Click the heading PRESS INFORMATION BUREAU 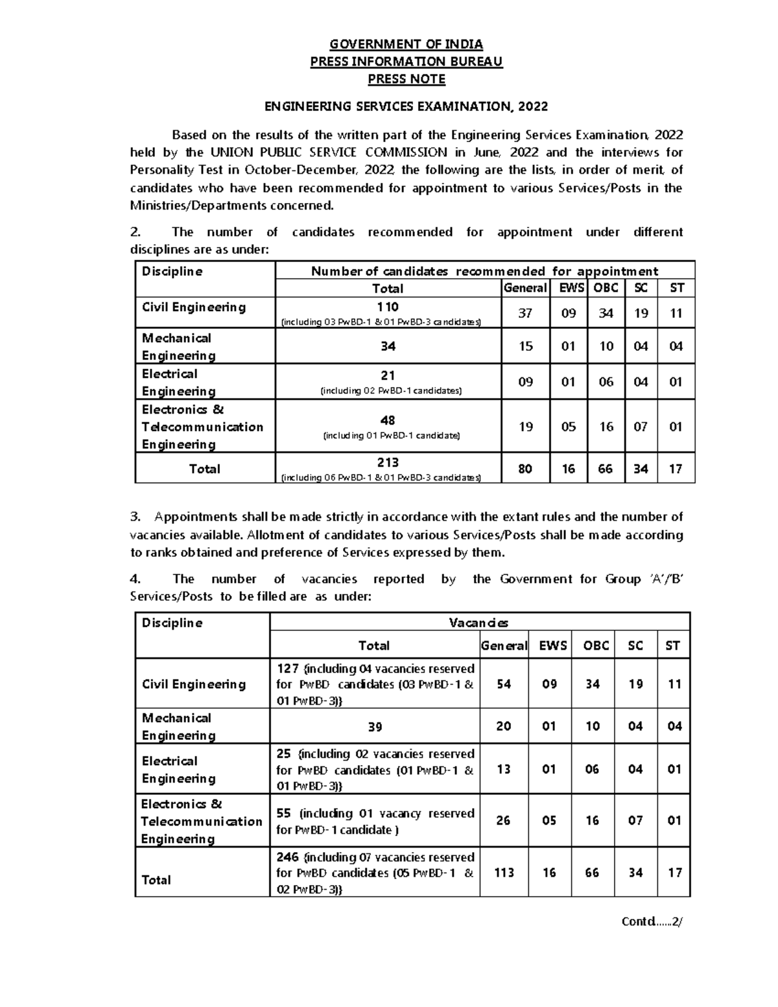click(x=406, y=62)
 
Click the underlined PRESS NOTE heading click(x=406, y=79)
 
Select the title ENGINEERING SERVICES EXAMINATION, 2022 click(x=407, y=106)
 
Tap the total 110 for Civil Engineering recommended click(x=388, y=307)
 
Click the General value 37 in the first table click(x=525, y=313)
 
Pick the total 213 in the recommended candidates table click(x=388, y=462)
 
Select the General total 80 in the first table click(x=525, y=469)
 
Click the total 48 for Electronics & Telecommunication click(x=388, y=420)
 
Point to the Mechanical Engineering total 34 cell click(x=388, y=346)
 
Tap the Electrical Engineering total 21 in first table click(x=388, y=375)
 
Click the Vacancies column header click(x=478, y=623)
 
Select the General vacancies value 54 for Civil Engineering click(x=503, y=684)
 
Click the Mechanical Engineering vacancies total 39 click(x=375, y=727)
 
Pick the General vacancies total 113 click(x=503, y=873)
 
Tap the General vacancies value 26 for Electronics click(x=503, y=821)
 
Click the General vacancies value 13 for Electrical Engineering click(x=503, y=769)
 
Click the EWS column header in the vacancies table click(x=548, y=646)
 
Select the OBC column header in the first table click(x=606, y=288)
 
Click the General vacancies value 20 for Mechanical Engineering click(x=503, y=726)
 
